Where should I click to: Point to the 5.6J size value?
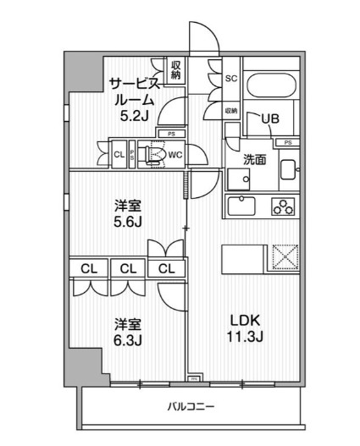(x=128, y=223)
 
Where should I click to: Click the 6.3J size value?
(x=128, y=340)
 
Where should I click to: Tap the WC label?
(x=175, y=155)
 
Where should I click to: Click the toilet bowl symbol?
(x=154, y=155)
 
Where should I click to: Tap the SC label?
(x=230, y=79)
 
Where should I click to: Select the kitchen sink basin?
(x=242, y=206)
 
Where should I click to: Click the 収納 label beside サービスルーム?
(x=175, y=69)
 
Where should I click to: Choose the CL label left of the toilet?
(x=119, y=154)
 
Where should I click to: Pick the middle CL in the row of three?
(x=128, y=269)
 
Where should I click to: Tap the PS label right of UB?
(x=288, y=142)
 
